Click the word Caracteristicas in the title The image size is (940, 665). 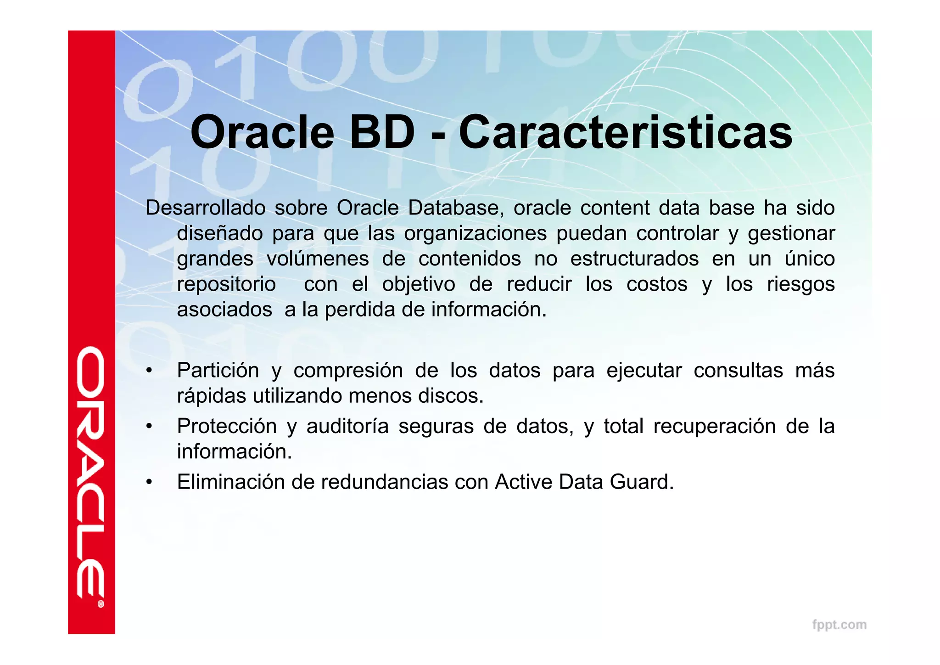pos(625,133)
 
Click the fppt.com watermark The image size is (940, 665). pos(839,625)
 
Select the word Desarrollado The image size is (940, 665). pos(205,208)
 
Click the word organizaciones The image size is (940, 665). pos(475,233)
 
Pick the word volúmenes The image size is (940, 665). pos(318,259)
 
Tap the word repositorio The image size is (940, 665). pos(226,284)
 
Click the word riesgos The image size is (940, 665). pos(800,284)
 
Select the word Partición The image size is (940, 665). pos(218,370)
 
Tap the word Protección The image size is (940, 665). pos(227,426)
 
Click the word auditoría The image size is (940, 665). pos(347,426)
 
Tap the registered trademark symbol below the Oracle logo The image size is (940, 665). pos(101,604)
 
